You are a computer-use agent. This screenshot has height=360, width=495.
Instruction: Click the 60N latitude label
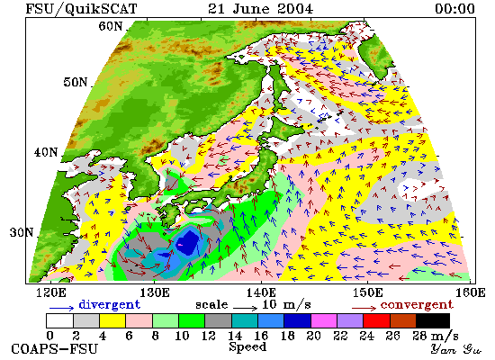pyautogui.click(x=110, y=26)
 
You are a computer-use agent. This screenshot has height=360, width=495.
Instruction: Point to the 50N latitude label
pyautogui.click(x=75, y=82)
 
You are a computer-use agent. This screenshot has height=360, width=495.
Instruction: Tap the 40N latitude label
pyautogui.click(x=46, y=152)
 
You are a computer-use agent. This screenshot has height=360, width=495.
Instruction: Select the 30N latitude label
pyautogui.click(x=22, y=232)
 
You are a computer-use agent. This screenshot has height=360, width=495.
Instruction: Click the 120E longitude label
pyautogui.click(x=51, y=292)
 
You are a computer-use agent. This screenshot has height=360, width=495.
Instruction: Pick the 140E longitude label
pyautogui.click(x=261, y=292)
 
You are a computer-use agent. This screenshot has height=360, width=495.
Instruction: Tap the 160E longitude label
pyautogui.click(x=470, y=292)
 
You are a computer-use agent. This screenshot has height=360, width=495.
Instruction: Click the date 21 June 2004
pyautogui.click(x=260, y=8)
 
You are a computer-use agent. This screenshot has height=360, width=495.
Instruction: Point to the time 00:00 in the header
pyautogui.click(x=454, y=8)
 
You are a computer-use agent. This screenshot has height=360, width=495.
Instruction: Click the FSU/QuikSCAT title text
pyautogui.click(x=81, y=9)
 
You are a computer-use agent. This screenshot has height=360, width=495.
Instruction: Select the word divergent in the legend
pyautogui.click(x=109, y=305)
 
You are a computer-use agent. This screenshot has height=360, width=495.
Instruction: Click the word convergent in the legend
pyautogui.click(x=417, y=305)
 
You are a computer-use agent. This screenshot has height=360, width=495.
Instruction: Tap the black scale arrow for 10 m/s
pyautogui.click(x=246, y=307)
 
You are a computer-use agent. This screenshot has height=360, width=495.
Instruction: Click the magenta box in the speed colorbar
pyautogui.click(x=324, y=320)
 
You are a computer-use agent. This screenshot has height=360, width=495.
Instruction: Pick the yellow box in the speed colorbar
pyautogui.click(x=112, y=320)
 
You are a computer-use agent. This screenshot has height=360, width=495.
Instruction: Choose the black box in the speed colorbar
pyautogui.click(x=433, y=320)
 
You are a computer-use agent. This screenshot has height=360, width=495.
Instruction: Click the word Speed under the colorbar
pyautogui.click(x=247, y=346)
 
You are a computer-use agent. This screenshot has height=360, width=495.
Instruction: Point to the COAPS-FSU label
pyautogui.click(x=54, y=349)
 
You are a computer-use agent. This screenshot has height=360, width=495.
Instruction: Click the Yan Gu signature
pyautogui.click(x=456, y=349)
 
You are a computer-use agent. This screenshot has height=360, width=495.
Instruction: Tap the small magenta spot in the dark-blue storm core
pyautogui.click(x=181, y=245)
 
